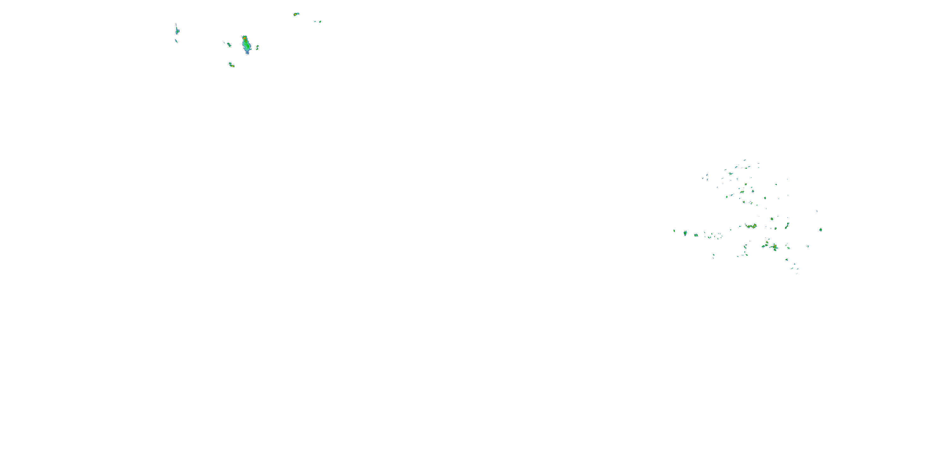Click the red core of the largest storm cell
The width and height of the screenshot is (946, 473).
coord(244,38)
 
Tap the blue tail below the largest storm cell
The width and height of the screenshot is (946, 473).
coord(248,53)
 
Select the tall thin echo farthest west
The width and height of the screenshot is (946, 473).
coord(177,30)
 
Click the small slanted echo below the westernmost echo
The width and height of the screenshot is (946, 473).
coord(176,41)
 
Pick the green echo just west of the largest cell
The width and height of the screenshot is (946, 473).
coord(229,45)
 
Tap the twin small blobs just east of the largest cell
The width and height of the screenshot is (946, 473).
coord(257,47)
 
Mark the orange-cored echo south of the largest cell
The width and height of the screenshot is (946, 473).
coord(231,65)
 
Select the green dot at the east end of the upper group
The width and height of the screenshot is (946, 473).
coord(320,22)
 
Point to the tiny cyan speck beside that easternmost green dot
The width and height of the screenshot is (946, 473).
coord(315,21)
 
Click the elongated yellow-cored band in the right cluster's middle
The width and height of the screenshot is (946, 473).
coord(751,226)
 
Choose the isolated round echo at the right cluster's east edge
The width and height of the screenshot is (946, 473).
coord(820,230)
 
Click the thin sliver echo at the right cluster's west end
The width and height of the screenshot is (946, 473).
coord(674,231)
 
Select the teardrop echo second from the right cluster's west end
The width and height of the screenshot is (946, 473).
coord(685,233)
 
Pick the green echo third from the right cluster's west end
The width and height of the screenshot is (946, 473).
coord(696,235)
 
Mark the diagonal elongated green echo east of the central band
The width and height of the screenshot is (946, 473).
coord(787,226)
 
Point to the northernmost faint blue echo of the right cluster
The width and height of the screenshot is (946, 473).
coord(745,160)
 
